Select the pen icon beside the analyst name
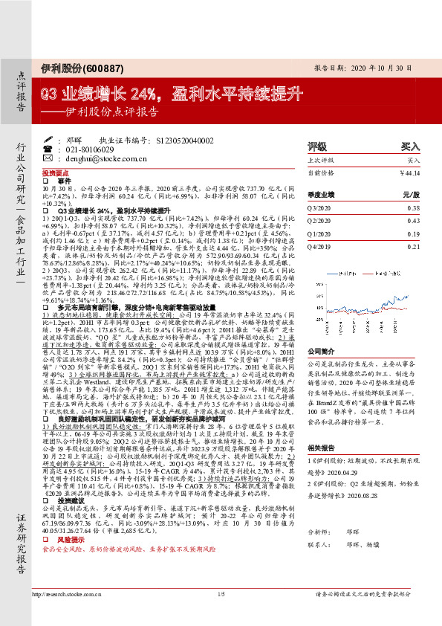tap(49, 139)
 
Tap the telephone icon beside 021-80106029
tap(49, 149)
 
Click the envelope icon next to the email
tap(49, 158)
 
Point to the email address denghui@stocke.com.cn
tap(96, 158)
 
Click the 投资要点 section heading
tap(54, 171)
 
